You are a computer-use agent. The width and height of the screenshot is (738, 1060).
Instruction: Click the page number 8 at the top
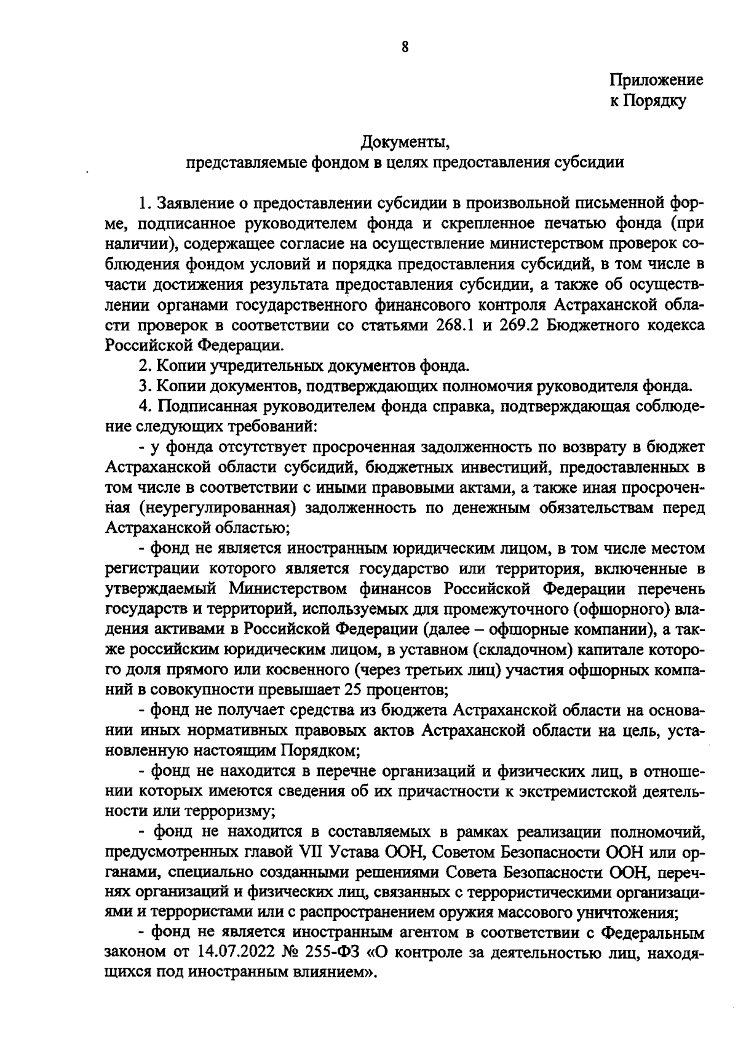(405, 47)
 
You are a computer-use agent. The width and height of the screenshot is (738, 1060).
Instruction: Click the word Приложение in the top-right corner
(656, 80)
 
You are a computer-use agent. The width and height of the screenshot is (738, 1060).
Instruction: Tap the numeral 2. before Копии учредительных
(145, 367)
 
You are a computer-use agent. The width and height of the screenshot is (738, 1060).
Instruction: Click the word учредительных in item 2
(265, 367)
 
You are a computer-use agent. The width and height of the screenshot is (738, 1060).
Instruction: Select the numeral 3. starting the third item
(145, 387)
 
